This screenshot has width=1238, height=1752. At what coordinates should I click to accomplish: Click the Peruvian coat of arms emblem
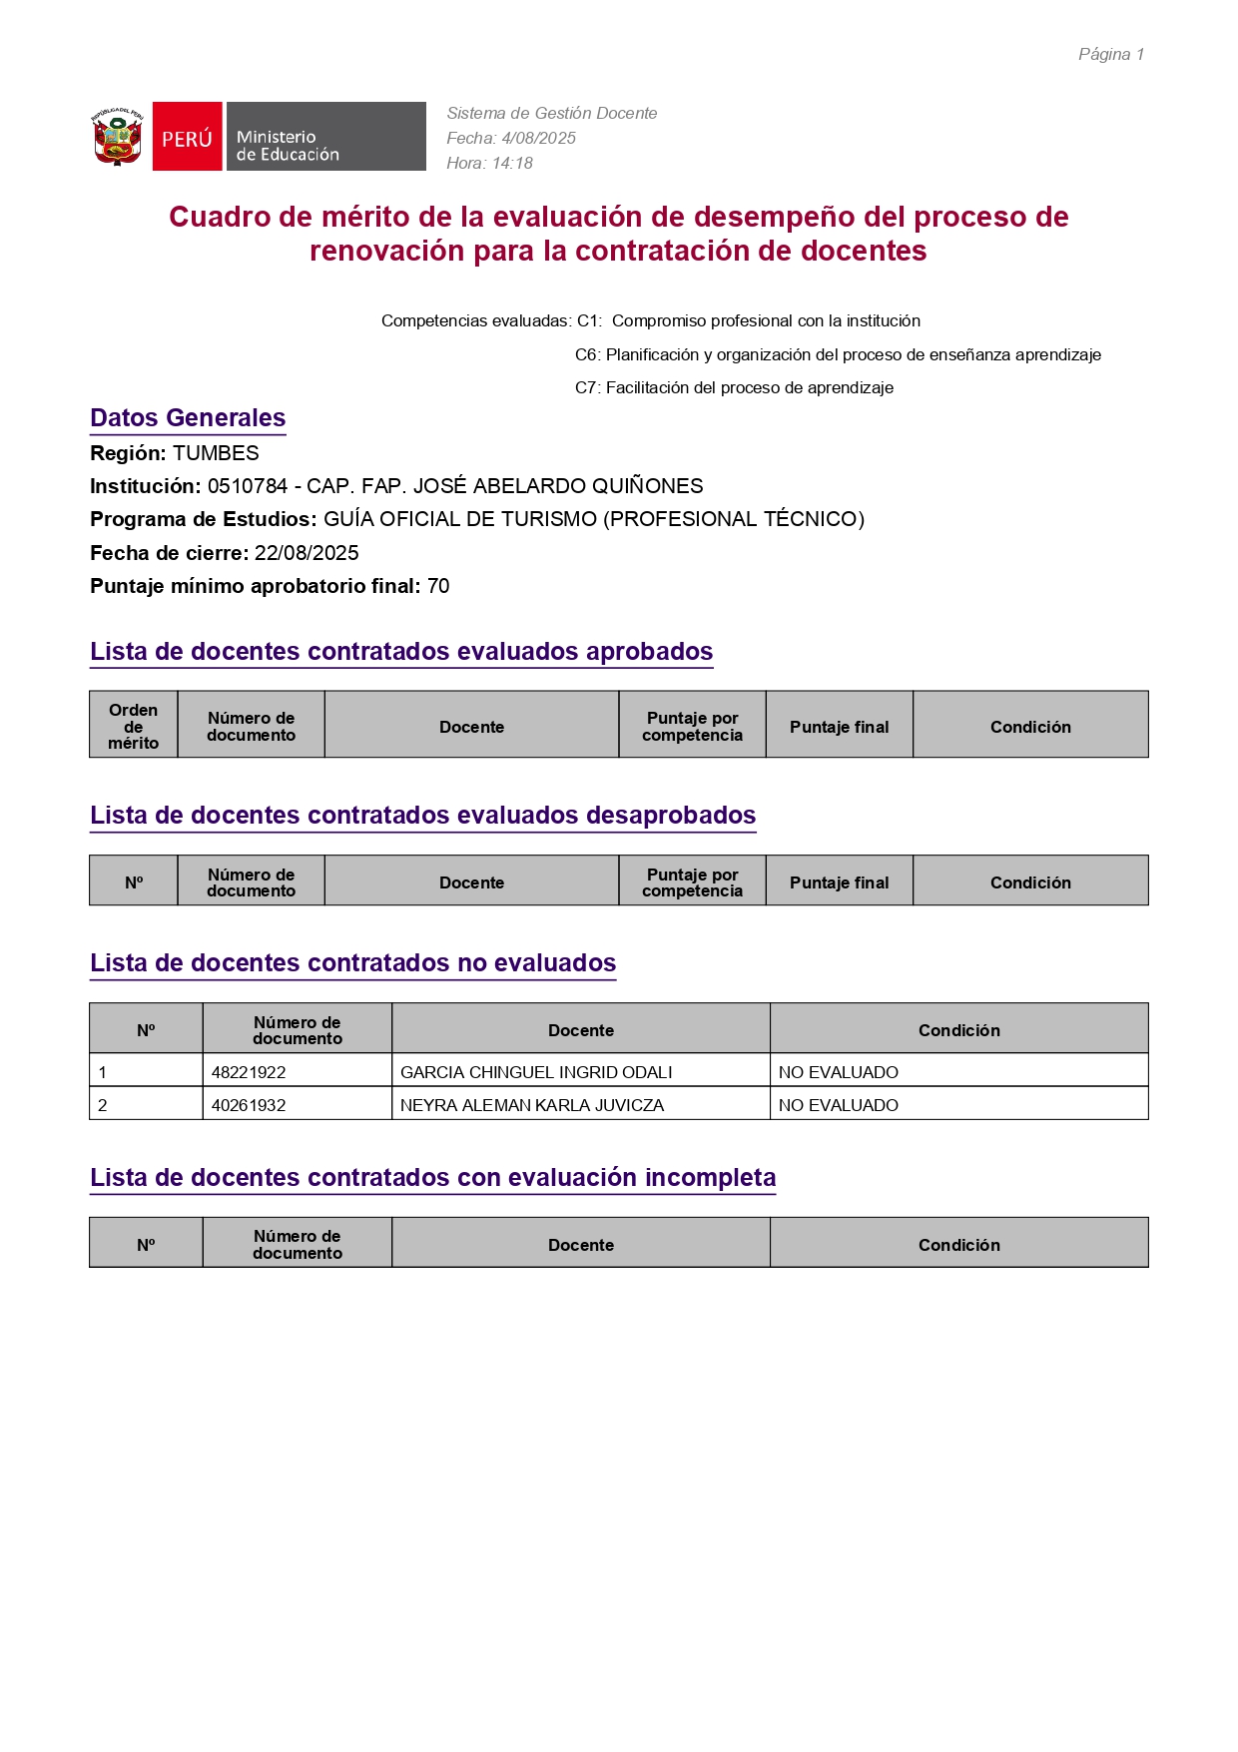coord(118,137)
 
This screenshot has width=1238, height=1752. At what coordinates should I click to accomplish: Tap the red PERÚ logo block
coord(187,137)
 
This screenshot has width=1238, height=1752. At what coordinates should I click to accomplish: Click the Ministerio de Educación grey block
coord(325,137)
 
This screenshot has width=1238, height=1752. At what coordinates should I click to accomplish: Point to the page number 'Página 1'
coord(1110,55)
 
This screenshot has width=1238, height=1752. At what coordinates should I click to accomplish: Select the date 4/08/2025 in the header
coord(538,139)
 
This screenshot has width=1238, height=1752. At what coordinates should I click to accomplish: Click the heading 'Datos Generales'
coord(188,418)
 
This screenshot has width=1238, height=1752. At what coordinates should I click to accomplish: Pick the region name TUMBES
coord(216,453)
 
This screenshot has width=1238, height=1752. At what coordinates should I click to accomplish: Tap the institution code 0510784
coord(247,486)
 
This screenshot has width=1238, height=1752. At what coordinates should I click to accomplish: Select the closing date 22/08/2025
coord(307,553)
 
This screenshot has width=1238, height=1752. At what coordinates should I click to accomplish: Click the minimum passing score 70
coord(438,586)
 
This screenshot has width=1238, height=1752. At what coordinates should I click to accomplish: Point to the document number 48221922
coord(249,1072)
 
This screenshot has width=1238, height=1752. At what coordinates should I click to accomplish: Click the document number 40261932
coord(249,1105)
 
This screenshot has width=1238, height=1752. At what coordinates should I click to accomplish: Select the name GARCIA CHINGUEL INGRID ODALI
coord(536,1072)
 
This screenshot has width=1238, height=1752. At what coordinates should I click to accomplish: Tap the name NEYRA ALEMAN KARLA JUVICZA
coord(532,1105)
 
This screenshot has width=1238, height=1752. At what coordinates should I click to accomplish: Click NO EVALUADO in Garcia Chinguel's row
coord(839,1072)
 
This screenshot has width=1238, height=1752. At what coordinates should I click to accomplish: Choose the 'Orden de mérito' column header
coord(134,726)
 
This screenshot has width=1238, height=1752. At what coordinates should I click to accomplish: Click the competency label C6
coord(586,354)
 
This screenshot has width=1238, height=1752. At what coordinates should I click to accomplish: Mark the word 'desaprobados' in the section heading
coord(671,816)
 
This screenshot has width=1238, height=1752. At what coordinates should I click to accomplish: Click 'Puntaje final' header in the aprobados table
coord(839,727)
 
